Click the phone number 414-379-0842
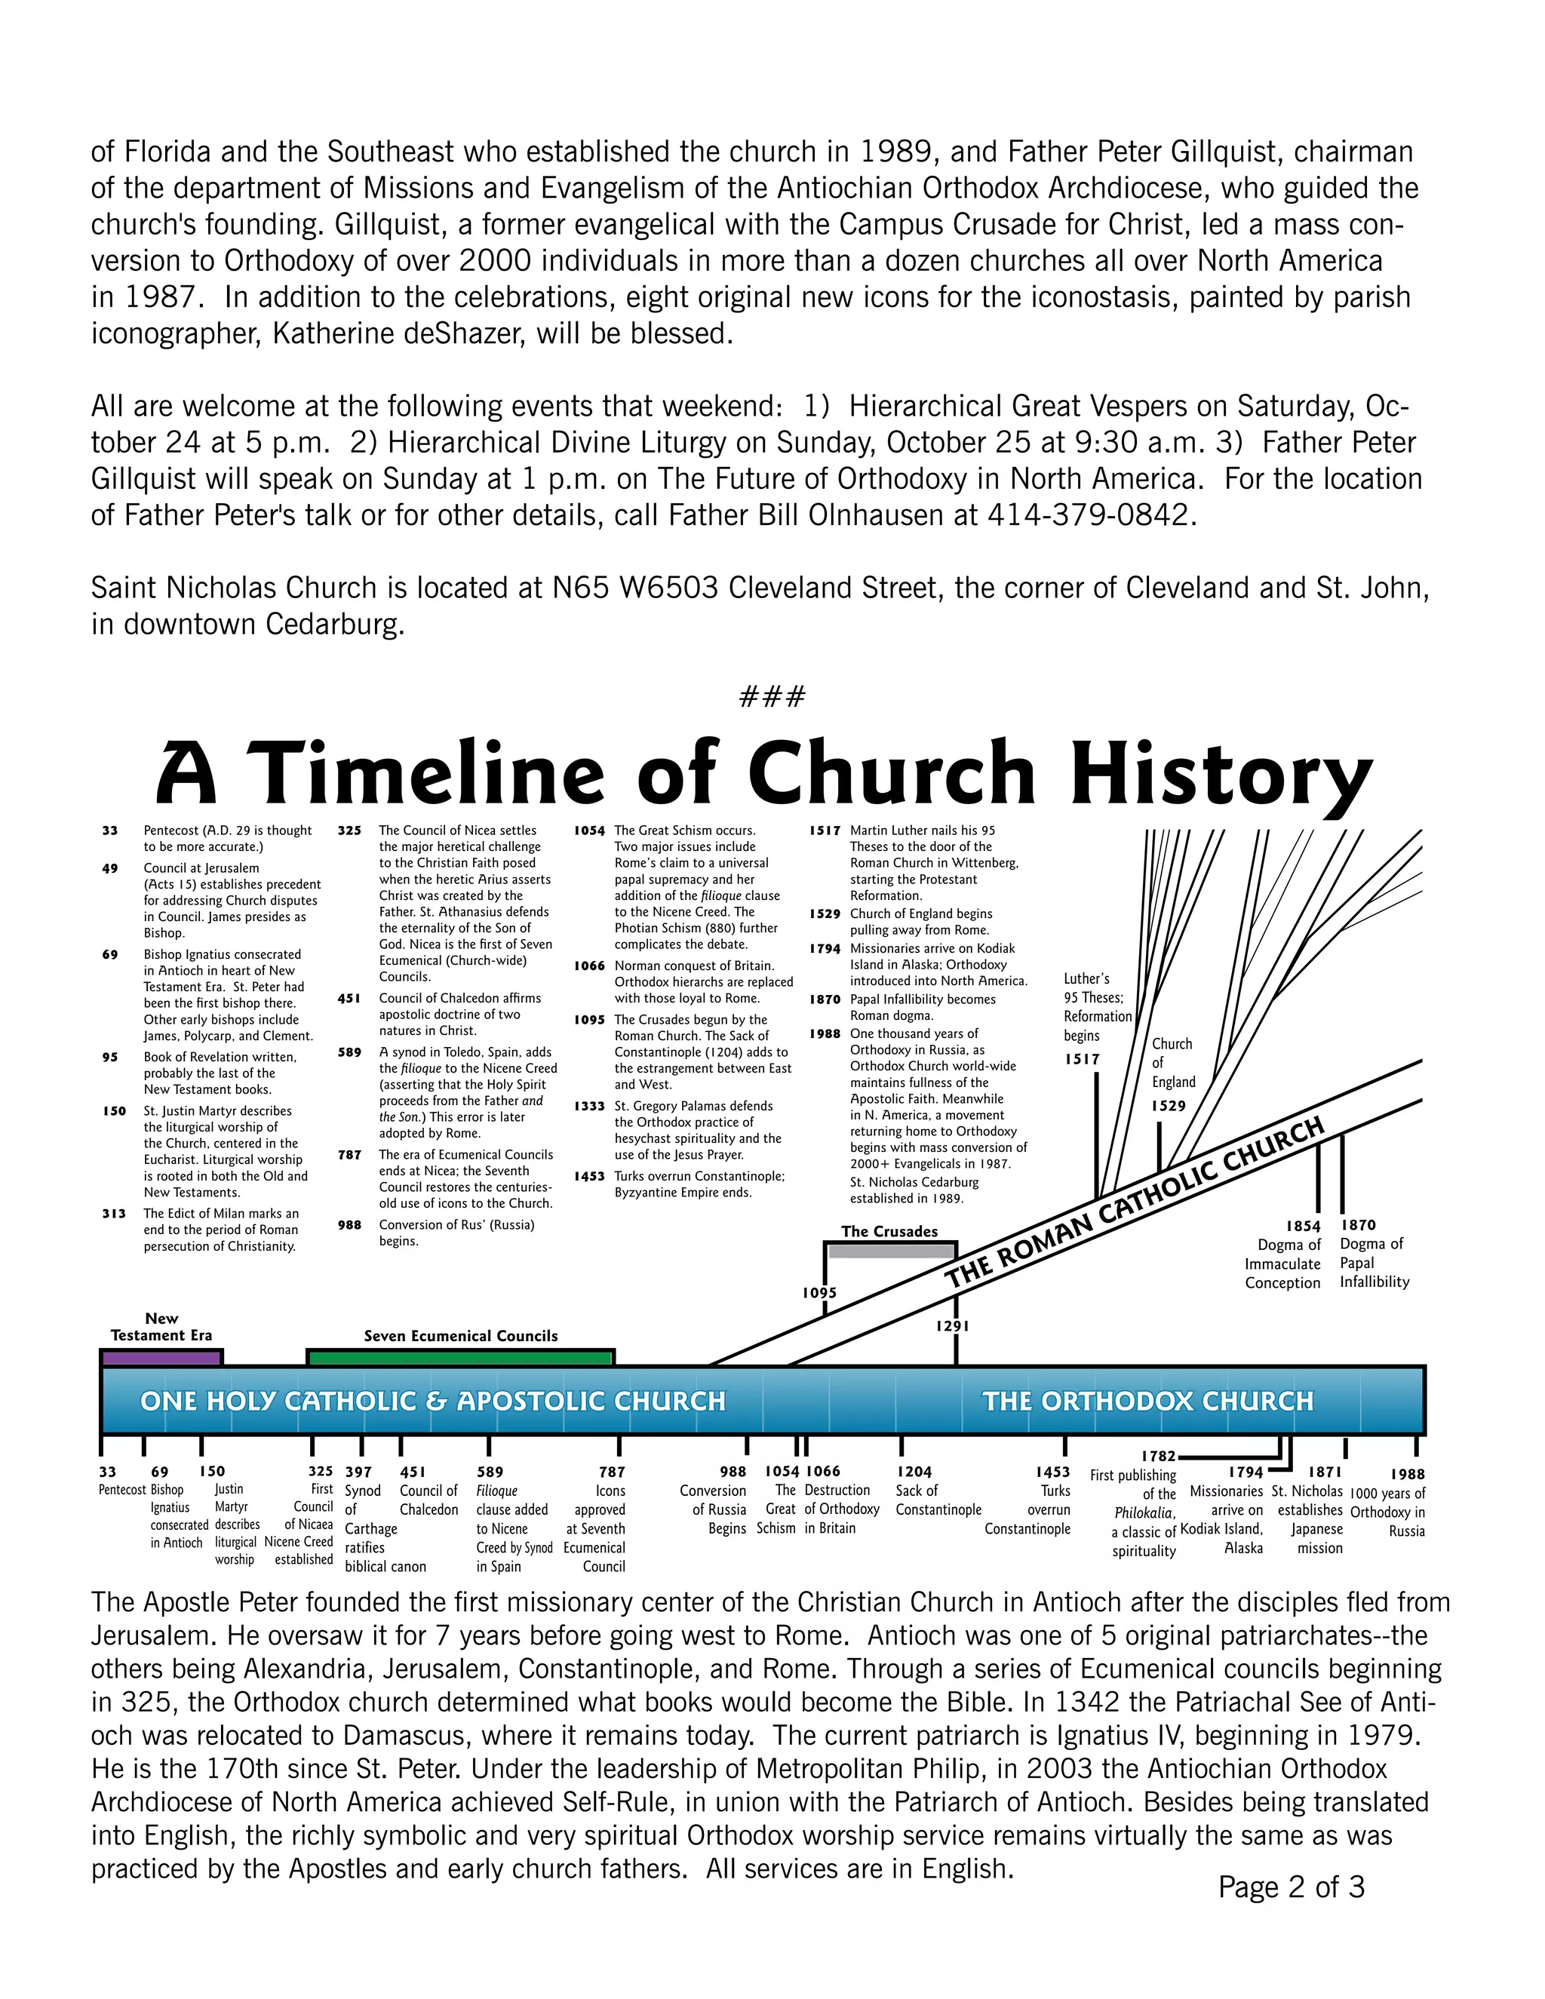click(1091, 515)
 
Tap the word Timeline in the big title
click(425, 775)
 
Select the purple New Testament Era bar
click(161, 1359)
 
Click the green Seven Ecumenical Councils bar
click(460, 1359)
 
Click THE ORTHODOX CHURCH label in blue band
click(1147, 1402)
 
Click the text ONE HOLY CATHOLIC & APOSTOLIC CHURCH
click(432, 1402)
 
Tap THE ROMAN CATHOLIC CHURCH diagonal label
click(1135, 1202)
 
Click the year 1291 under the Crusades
click(953, 1325)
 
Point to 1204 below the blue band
click(914, 1472)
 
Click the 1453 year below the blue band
click(1052, 1472)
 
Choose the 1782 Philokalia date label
click(1158, 1456)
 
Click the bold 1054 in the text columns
click(589, 831)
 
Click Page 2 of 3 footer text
click(1291, 1887)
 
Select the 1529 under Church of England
click(1168, 1106)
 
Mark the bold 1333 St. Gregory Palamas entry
click(589, 1107)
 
